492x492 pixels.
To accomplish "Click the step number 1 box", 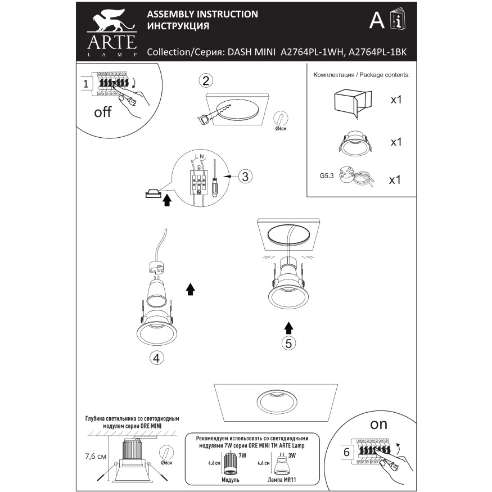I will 85,84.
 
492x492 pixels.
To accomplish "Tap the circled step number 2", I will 206,80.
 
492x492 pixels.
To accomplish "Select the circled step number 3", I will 243,177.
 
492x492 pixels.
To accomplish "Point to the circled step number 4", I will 157,357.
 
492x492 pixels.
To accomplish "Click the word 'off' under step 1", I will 103,112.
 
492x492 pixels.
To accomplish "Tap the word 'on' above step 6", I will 378,424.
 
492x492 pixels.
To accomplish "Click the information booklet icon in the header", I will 398,21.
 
